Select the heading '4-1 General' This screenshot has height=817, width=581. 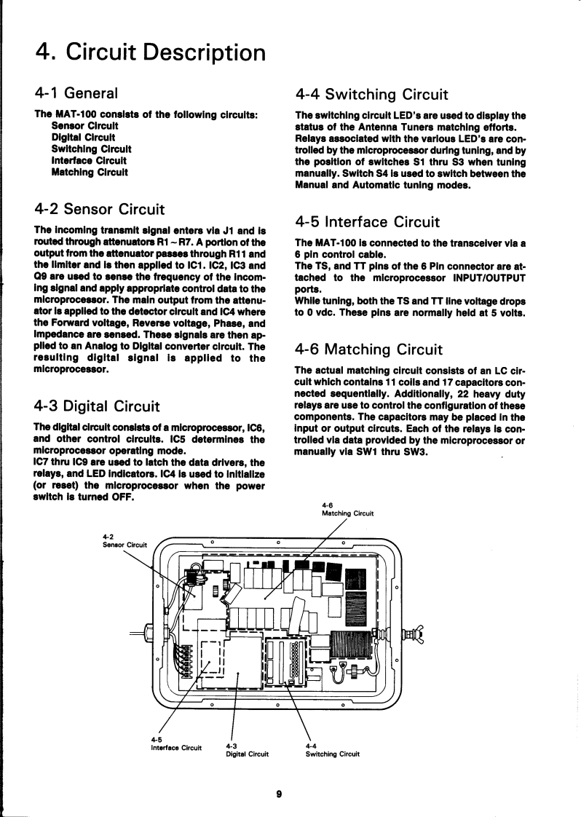pos(76,93)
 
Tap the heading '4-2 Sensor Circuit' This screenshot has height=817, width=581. pos(100,210)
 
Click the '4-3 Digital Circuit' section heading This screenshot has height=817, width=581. pos(97,406)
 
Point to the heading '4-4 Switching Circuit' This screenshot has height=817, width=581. pos(371,94)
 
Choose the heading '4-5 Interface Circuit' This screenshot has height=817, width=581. pos(368,221)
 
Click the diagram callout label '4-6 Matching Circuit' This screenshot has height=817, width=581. pos(347,509)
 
